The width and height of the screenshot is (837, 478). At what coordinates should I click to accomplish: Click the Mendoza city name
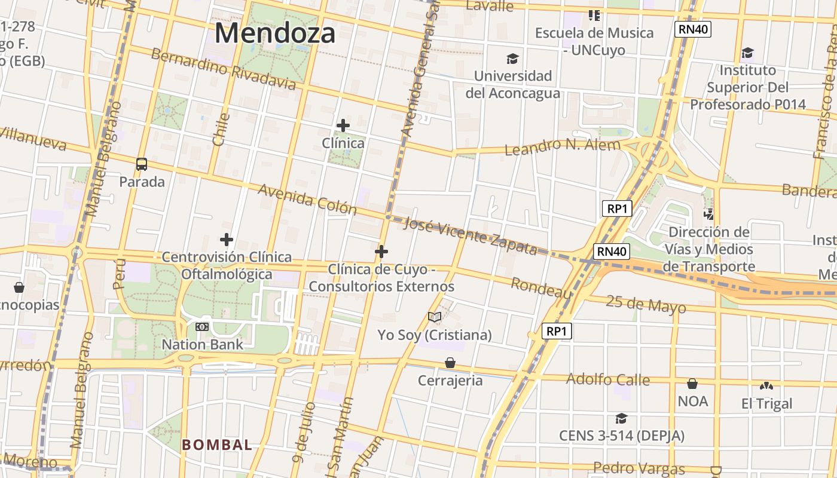(275, 33)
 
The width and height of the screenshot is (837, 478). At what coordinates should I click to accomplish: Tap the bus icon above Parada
(142, 164)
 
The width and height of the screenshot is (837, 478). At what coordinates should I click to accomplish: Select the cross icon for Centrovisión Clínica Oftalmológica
(226, 240)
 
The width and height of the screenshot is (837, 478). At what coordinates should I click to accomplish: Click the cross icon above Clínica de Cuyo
(381, 252)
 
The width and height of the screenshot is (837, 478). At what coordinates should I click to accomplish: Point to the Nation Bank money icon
(202, 327)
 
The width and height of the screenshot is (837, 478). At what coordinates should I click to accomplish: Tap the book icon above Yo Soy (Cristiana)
(435, 317)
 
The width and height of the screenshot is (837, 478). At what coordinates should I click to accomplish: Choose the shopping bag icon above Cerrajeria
(450, 363)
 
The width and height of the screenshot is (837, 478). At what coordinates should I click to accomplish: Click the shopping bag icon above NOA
(692, 383)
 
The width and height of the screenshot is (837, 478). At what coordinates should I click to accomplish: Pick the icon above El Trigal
(766, 386)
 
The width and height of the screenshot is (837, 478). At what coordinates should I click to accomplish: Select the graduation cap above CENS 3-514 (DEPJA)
(621, 418)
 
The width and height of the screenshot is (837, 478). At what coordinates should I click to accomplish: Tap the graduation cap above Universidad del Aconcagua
(512, 59)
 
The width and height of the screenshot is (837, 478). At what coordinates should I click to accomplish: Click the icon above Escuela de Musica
(594, 15)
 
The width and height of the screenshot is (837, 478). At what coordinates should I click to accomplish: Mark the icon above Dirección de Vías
(708, 213)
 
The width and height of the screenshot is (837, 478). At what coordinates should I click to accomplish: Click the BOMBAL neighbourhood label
(217, 445)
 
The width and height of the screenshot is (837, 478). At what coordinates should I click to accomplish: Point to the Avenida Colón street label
(307, 200)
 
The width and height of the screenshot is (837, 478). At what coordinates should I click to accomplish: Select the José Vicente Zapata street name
(471, 235)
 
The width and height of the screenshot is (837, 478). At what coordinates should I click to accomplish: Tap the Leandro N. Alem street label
(562, 146)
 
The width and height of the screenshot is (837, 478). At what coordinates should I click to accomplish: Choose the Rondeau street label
(541, 288)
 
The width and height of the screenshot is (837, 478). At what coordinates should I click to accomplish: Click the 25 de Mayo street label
(646, 304)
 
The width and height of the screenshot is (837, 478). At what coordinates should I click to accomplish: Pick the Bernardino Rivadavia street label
(223, 69)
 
